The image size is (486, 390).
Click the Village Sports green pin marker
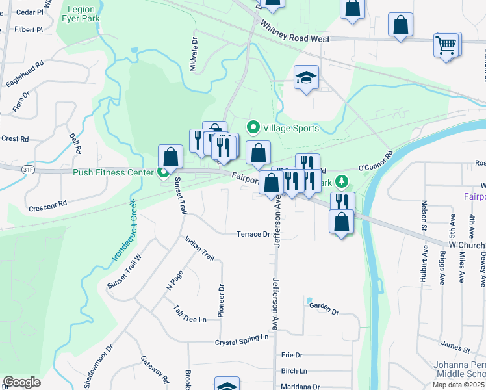pos(253,128)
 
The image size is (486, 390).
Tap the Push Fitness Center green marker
pos(163,172)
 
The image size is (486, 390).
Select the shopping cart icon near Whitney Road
pos(446,45)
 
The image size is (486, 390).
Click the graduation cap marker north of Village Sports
pos(307,78)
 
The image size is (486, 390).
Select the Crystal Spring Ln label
pos(242,338)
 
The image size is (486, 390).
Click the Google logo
pos(21,382)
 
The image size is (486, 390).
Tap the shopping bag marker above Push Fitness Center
pos(170,157)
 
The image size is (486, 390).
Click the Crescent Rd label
pos(47,206)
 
